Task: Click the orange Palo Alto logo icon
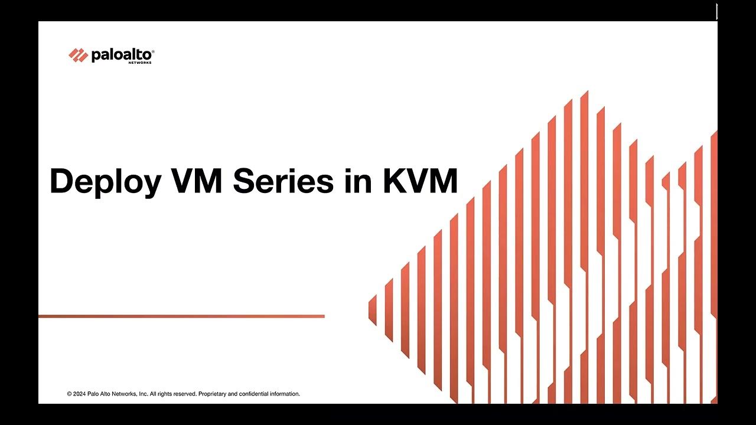(x=78, y=55)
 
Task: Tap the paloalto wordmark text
(x=121, y=55)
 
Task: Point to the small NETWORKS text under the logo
(x=140, y=63)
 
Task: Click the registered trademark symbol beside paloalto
(x=153, y=51)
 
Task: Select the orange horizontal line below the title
(x=181, y=316)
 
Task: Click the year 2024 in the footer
(x=80, y=394)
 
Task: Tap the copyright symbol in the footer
(x=69, y=394)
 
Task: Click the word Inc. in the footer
(x=143, y=394)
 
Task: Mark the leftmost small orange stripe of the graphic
(x=373, y=310)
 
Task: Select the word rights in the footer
(x=165, y=394)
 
